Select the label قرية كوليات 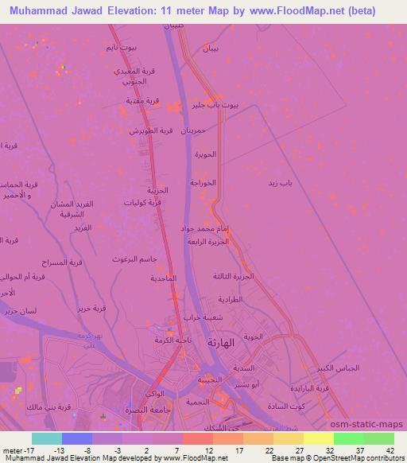coord(145,202)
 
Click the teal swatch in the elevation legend coord(47,438)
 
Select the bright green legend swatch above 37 coord(348,438)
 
